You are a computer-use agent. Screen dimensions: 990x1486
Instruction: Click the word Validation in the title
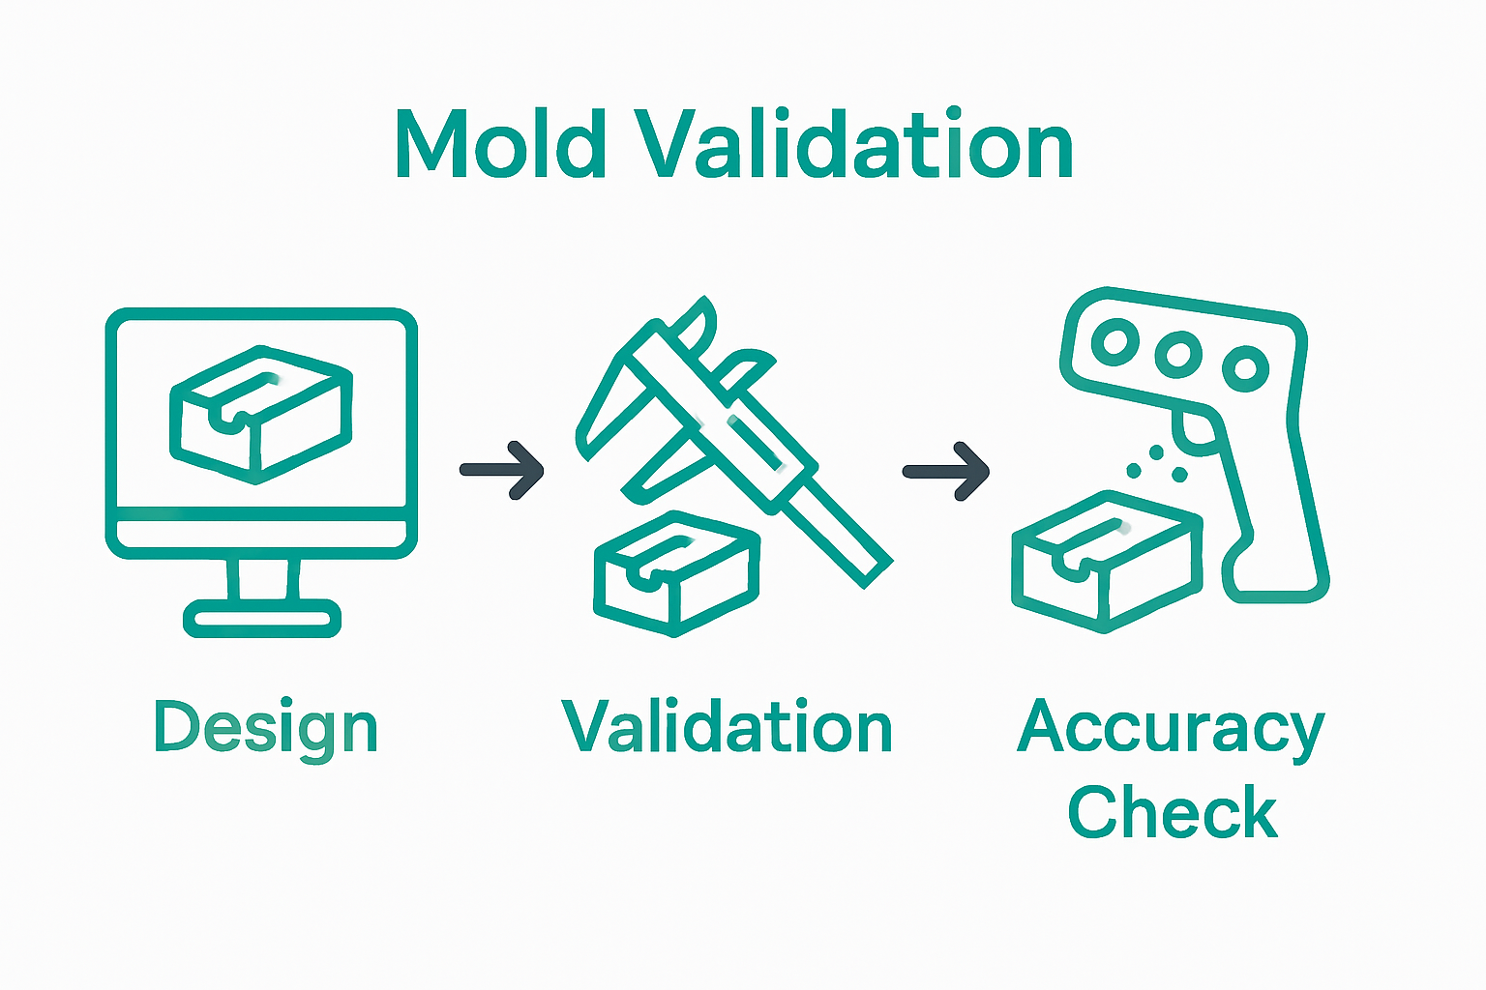pos(853,145)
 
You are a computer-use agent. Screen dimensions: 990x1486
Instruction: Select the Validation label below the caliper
pos(727,728)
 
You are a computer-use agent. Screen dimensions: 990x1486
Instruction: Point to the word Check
pos(1172,813)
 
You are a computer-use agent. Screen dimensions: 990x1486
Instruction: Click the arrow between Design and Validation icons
pos(502,471)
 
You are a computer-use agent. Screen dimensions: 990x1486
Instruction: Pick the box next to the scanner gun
pos(1106,562)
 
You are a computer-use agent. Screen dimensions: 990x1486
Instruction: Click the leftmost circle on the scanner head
pos(1114,341)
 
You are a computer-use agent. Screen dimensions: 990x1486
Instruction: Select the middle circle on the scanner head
pos(1178,354)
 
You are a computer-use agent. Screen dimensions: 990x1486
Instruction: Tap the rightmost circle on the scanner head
pos(1244,368)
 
